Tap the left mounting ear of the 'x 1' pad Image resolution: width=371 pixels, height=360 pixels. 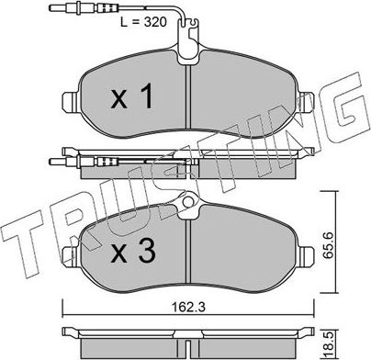[x=68, y=100]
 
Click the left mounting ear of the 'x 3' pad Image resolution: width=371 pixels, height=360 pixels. [x=68, y=242]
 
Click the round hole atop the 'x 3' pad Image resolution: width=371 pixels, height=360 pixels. [x=188, y=202]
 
